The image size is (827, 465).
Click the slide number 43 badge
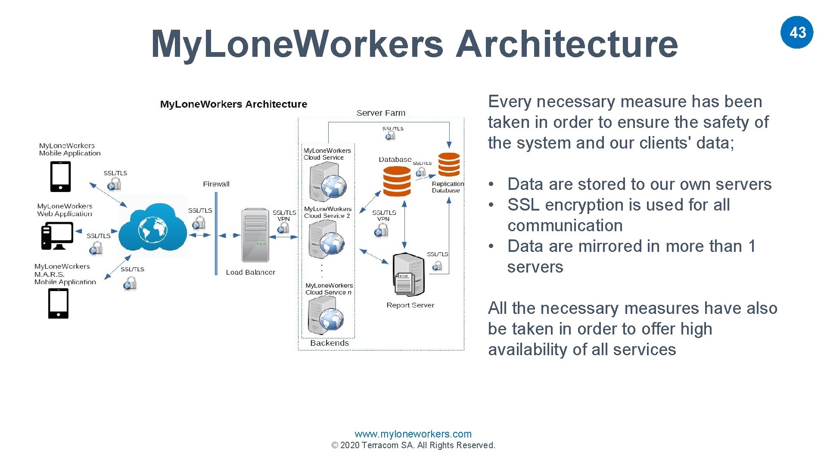797,32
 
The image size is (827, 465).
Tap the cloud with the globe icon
152,228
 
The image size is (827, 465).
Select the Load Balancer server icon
255,235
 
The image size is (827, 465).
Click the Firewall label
216,184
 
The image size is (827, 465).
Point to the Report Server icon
409,274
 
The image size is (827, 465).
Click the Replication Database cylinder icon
449,164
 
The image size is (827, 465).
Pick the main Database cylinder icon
397,181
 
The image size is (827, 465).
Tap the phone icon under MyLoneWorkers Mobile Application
61,177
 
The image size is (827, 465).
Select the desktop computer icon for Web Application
57,236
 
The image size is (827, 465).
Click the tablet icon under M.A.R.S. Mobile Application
58,304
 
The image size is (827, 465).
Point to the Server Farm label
381,113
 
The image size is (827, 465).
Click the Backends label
330,343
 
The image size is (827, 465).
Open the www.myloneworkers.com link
413,434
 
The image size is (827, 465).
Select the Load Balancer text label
250,272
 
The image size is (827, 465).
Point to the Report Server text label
410,305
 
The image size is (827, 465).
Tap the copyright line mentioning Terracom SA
413,445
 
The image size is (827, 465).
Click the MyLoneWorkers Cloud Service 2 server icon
326,239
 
